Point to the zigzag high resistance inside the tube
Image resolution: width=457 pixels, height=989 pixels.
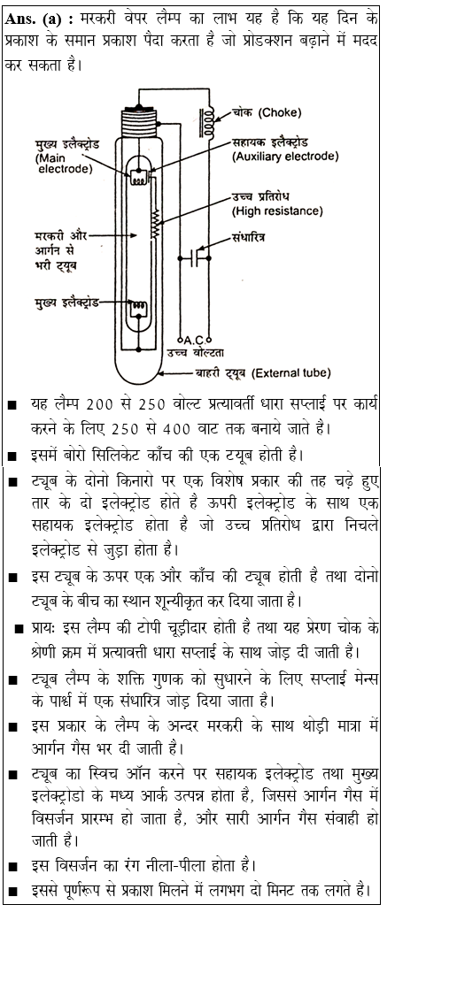(157, 226)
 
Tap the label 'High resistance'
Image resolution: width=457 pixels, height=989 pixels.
(277, 211)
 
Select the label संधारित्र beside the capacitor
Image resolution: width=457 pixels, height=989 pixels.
(251, 238)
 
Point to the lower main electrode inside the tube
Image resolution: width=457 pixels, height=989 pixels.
(137, 310)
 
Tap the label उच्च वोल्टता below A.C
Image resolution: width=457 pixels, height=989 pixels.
(205, 354)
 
